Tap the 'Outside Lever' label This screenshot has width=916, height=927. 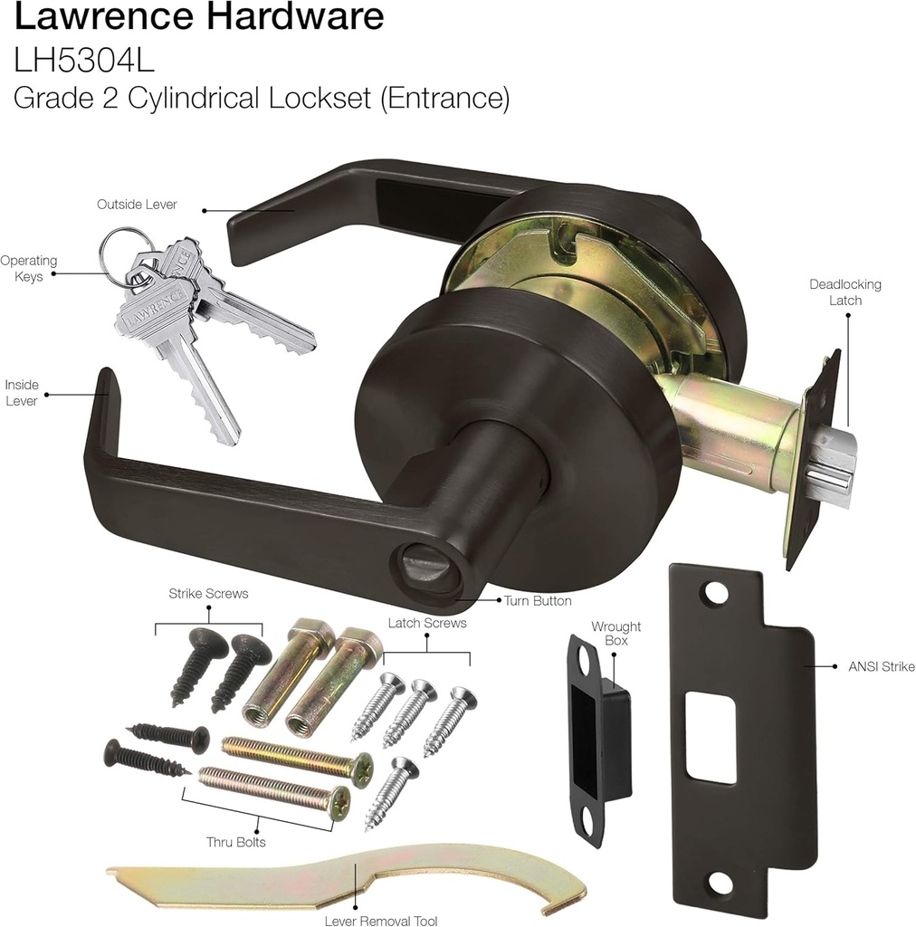137,205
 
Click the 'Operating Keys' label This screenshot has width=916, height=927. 29,269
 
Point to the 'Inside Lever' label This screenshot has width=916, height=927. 22,393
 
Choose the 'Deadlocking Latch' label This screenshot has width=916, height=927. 844,291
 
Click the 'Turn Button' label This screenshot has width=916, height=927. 538,600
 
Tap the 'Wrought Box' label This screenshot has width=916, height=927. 615,634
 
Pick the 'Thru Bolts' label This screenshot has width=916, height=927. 234,842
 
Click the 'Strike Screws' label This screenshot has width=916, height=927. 208,594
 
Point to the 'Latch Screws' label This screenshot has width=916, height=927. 427,623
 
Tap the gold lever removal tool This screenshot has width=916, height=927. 344,882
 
